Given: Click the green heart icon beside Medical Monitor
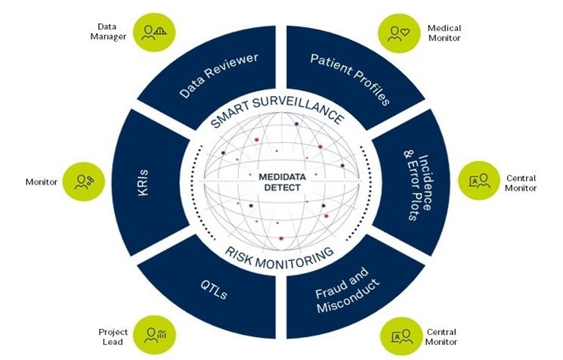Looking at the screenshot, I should coord(398,33).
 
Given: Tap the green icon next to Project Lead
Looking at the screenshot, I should coord(155,334).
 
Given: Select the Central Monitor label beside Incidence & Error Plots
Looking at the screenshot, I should coord(521,182).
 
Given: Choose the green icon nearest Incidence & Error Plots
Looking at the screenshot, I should coord(479,181).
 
